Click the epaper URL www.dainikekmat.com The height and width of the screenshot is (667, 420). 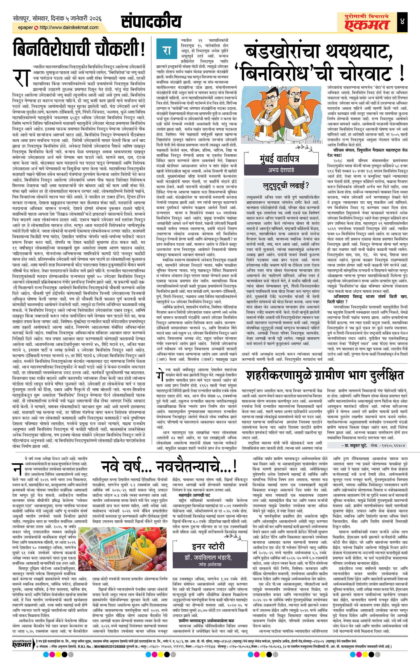(69, 27)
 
